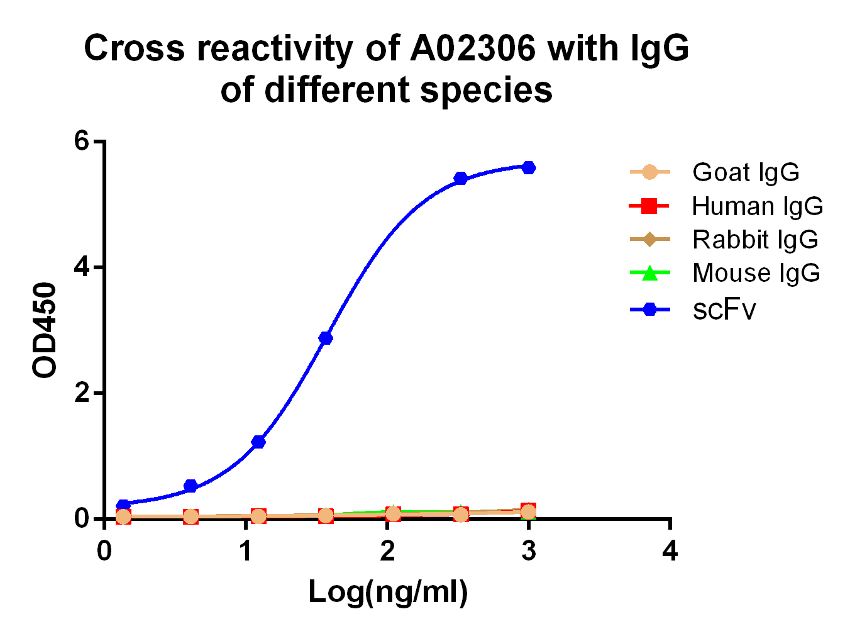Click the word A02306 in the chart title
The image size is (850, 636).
click(473, 48)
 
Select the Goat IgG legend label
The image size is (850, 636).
click(746, 172)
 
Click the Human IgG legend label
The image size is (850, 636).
click(757, 206)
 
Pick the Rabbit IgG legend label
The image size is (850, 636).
click(755, 240)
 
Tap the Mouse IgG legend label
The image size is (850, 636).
click(756, 273)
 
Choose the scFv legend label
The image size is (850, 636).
click(724, 309)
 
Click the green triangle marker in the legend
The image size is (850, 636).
click(649, 273)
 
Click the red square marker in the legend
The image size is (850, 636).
click(649, 206)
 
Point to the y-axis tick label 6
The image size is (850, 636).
click(82, 141)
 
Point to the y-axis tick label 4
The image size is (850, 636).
click(82, 267)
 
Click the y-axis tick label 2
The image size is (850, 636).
click(82, 394)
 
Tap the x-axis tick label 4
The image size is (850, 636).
click(670, 551)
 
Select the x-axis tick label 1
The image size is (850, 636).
click(246, 551)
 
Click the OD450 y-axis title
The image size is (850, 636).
click(45, 330)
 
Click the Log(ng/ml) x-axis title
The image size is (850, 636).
click(388, 592)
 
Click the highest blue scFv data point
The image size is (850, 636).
click(529, 167)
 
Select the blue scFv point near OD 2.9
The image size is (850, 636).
click(326, 338)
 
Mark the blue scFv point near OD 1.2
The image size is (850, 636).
click(258, 442)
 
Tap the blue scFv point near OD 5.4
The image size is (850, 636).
click(461, 178)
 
